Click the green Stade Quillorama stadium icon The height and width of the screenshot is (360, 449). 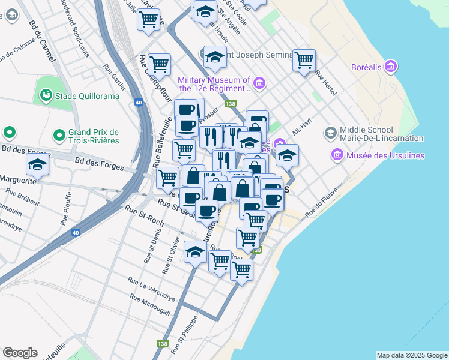pos(46,95)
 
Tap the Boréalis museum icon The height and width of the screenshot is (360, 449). pos(391,66)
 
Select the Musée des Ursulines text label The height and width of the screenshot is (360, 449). pos(387,156)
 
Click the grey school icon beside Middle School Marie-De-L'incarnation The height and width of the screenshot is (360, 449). pos(330,132)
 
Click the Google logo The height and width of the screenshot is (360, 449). pos(20,353)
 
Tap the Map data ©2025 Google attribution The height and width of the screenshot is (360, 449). pos(411,355)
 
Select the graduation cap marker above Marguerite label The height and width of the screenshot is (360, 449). pos(37,164)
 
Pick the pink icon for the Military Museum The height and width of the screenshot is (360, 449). pos(259,83)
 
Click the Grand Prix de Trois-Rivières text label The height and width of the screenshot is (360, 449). pos(94,136)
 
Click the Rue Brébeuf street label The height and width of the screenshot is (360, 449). pos(23,196)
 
